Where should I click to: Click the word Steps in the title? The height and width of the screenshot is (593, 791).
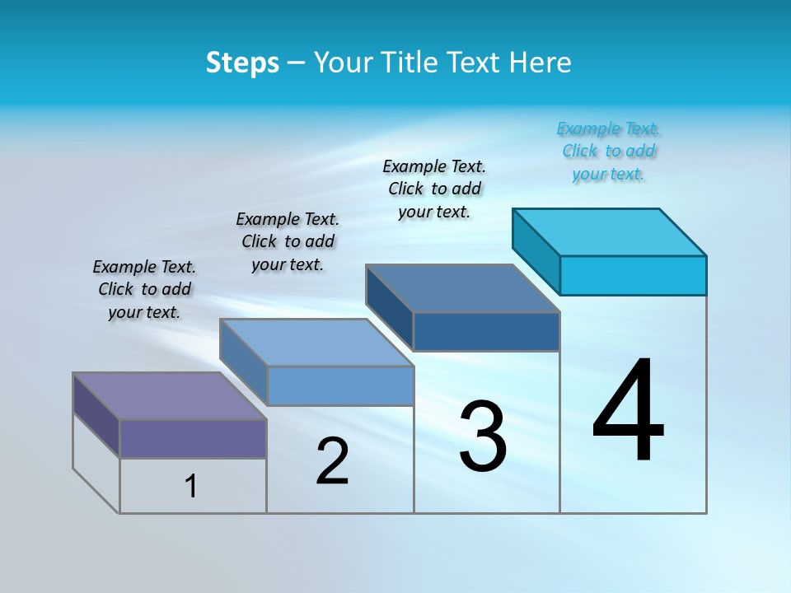point(242,63)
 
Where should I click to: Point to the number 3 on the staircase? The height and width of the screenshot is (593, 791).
point(483,437)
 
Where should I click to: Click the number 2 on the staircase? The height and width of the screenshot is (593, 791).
point(332,461)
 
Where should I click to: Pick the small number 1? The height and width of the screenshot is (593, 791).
point(191,487)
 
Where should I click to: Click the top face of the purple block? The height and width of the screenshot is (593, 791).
point(169,396)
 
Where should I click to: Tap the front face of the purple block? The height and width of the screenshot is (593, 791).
point(193,438)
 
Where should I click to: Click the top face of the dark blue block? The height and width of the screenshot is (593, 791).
point(462,288)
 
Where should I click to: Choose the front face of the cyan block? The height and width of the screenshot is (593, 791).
point(633,275)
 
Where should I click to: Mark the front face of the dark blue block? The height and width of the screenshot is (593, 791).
point(486,331)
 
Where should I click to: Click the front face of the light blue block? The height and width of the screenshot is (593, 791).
point(340,385)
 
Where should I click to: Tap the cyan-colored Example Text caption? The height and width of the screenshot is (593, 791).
point(608,152)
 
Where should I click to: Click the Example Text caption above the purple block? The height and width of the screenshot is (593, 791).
point(144,289)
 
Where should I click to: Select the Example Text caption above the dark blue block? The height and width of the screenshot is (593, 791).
point(434,189)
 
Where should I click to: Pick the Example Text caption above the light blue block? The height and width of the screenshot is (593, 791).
point(288,241)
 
